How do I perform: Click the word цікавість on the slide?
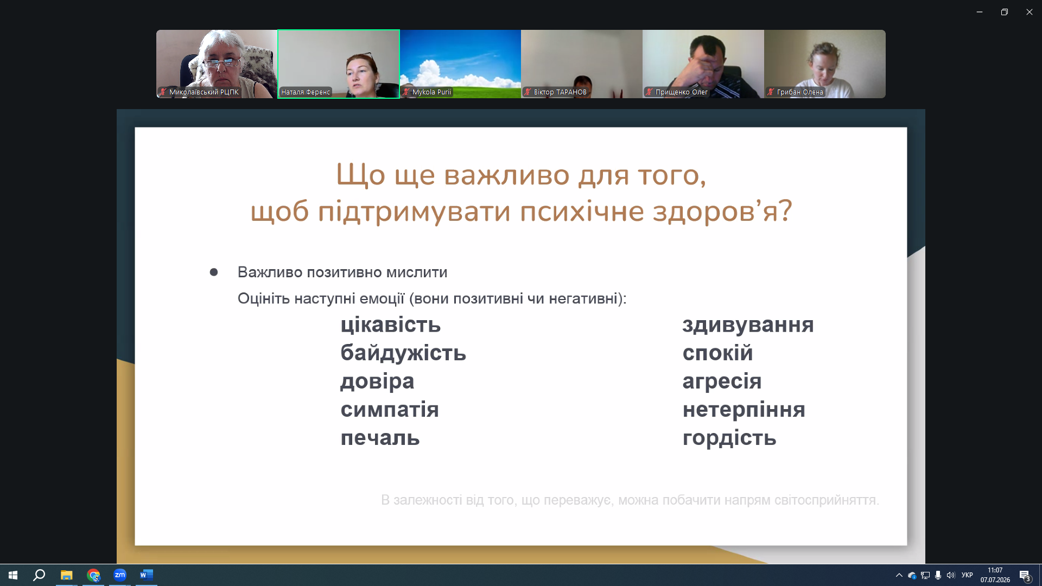click(390, 324)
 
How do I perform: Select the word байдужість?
click(403, 353)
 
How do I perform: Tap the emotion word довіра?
click(377, 381)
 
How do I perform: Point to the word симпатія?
click(390, 409)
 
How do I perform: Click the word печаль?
click(380, 437)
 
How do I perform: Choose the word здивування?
click(748, 325)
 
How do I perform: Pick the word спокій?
click(717, 353)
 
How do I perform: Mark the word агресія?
click(722, 381)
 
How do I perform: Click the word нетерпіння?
click(744, 409)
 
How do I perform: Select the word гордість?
click(729, 438)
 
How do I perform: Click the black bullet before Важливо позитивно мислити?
click(214, 272)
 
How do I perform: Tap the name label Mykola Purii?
click(431, 92)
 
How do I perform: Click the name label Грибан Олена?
click(800, 92)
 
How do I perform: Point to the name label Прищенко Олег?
click(681, 92)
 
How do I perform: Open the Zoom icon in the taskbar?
click(120, 575)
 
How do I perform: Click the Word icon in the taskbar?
click(147, 575)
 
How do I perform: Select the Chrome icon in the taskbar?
click(93, 575)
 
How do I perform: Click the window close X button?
click(1029, 12)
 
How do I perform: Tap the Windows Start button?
click(13, 575)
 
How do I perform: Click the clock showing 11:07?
click(995, 570)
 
